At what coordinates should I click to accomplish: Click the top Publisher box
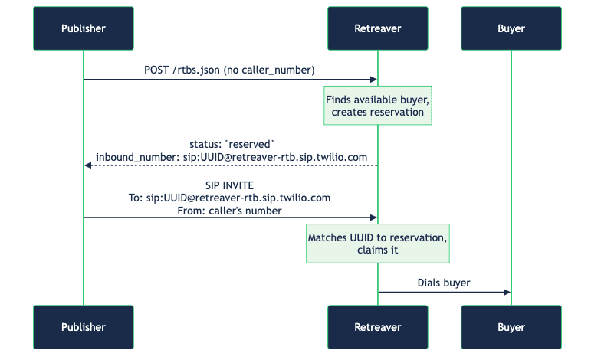point(84,28)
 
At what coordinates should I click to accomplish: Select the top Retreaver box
point(377,28)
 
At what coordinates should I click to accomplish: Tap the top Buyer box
point(511,28)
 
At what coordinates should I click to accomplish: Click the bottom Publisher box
point(84,327)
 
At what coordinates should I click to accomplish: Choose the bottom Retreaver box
point(377,327)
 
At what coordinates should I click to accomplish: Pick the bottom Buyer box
point(511,327)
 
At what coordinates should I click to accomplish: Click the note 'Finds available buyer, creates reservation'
point(377,106)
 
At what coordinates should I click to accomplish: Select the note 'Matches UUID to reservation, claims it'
point(377,244)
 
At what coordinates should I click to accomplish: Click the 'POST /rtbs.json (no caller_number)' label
point(229,70)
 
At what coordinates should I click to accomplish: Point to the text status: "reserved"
point(232,144)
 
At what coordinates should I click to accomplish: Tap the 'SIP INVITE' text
point(229,185)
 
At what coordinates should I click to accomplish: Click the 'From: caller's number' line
point(229,210)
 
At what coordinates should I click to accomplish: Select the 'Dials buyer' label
point(443,283)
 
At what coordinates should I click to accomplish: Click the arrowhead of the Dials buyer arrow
point(507,293)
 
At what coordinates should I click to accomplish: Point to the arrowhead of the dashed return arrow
point(88,165)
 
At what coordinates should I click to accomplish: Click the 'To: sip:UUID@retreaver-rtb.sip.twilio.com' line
point(229,198)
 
